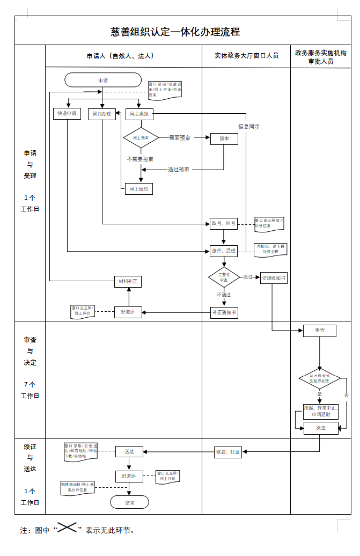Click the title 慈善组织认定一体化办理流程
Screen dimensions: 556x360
175,32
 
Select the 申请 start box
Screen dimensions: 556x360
103,80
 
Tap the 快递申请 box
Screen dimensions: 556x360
67,114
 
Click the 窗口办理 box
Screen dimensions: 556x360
102,114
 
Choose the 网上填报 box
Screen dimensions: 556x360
139,114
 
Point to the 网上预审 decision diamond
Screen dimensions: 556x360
141,138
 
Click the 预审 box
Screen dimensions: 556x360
224,138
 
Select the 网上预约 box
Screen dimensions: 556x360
139,188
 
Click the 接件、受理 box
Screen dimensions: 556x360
223,251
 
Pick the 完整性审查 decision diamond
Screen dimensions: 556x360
224,277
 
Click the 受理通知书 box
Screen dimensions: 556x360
274,278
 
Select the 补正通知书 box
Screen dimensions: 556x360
224,312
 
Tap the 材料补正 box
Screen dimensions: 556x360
129,281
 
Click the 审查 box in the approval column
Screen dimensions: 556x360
320,331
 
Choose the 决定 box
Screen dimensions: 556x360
321,428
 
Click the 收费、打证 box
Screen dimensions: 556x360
227,452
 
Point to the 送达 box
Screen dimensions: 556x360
129,452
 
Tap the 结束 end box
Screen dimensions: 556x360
129,502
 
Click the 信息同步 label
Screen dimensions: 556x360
249,127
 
